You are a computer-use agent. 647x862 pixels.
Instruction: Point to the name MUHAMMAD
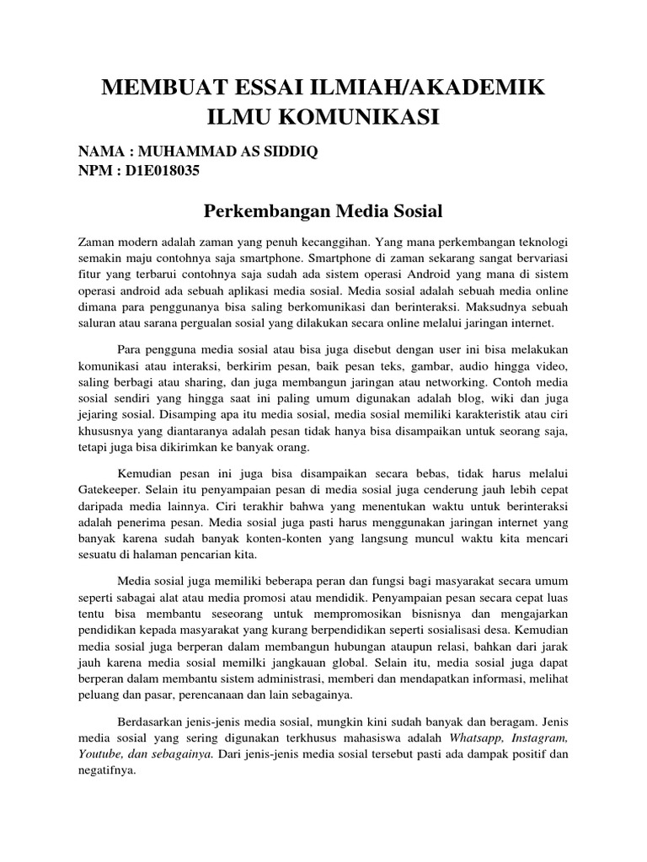(x=179, y=152)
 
